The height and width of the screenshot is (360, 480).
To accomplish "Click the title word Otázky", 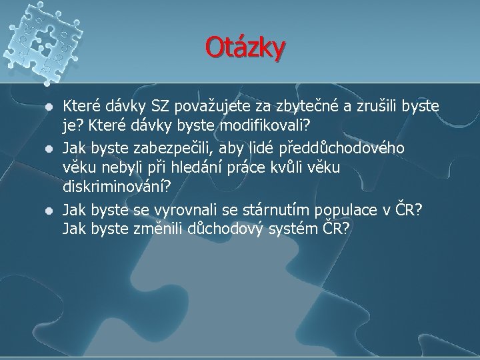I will [245, 47].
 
